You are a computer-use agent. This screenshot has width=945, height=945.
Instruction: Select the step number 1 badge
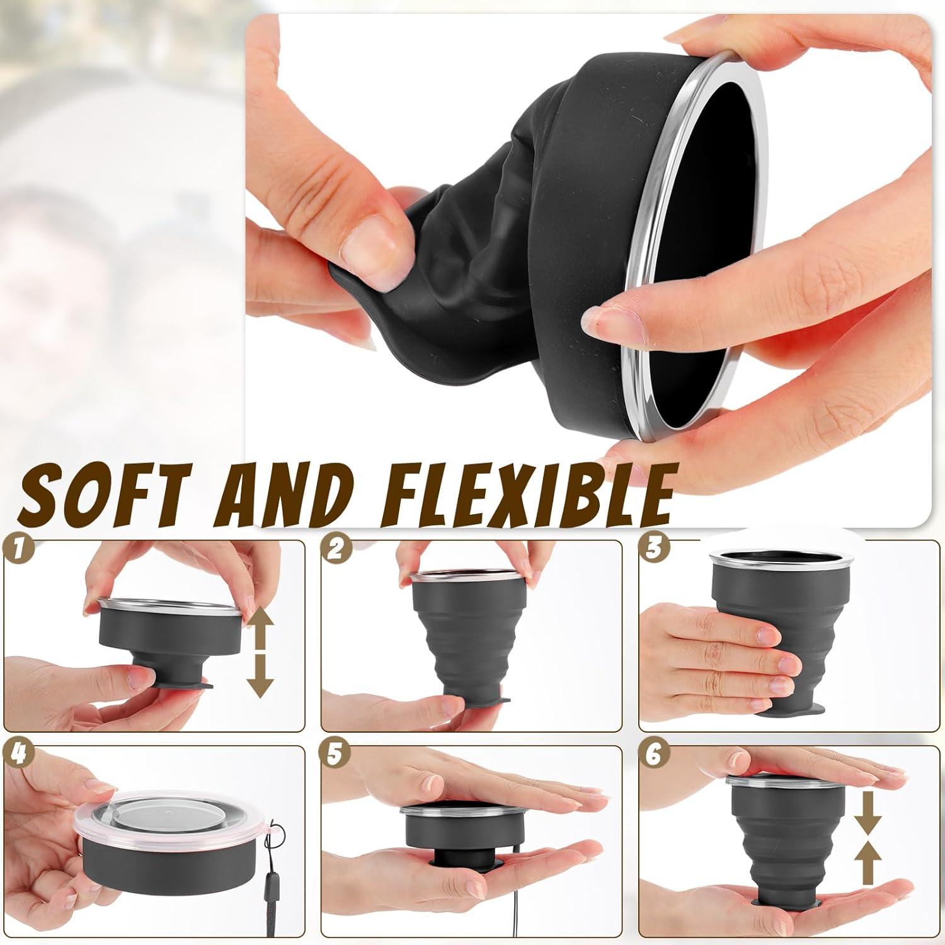tap(17, 549)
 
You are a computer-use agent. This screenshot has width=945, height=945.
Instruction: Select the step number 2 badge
tap(335, 549)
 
